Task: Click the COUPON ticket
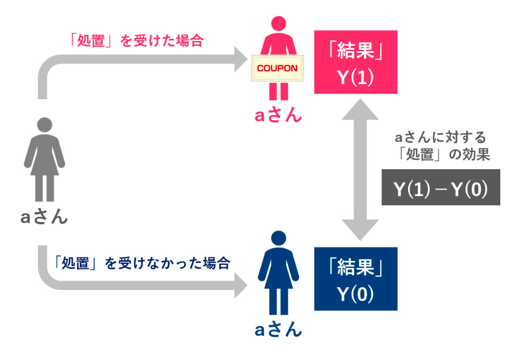coord(277,69)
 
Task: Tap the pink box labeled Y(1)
coord(355,63)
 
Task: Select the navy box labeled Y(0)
coord(355,279)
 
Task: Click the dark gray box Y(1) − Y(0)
coord(440,188)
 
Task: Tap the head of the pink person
coord(278,25)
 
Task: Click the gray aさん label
coord(44,217)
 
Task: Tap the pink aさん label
coord(278,115)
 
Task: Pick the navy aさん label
coord(278,329)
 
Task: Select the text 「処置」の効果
coord(440,155)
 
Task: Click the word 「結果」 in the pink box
coord(355,53)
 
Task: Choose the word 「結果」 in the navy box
coord(355,269)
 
